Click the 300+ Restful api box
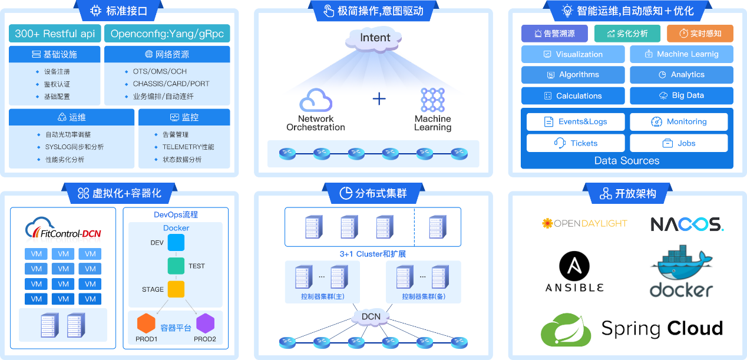(55, 34)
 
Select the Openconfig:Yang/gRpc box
(167, 34)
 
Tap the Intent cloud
(375, 38)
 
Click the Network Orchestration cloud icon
(316, 100)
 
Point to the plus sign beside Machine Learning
(379, 98)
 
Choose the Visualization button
(573, 54)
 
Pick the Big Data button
(681, 95)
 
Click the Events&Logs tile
(575, 122)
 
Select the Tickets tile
(575, 143)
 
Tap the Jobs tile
(679, 143)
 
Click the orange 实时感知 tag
(700, 34)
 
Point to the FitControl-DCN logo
(64, 230)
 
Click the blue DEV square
(176, 243)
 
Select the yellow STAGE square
(176, 289)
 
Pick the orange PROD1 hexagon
(146, 323)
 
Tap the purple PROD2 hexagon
(206, 323)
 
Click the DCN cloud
(371, 317)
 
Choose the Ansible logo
(574, 272)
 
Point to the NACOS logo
(687, 224)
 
